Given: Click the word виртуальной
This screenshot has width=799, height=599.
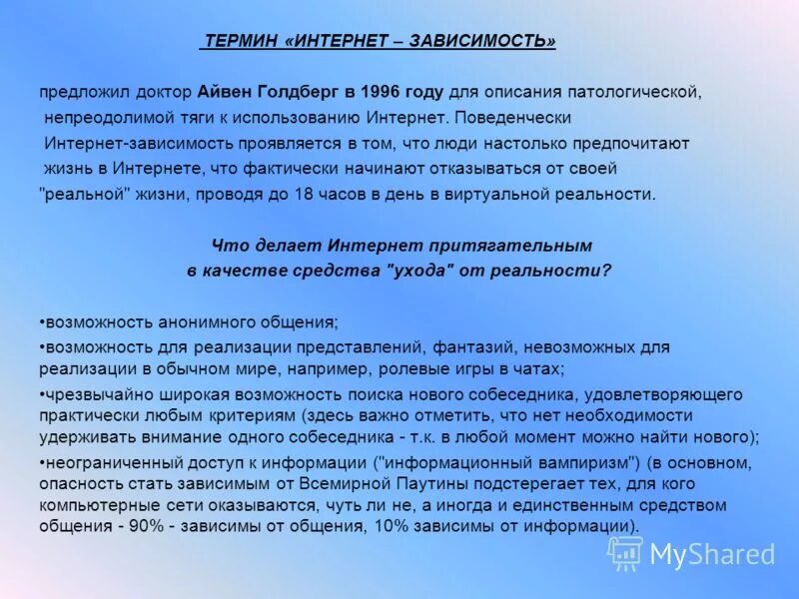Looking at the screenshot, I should [x=507, y=194].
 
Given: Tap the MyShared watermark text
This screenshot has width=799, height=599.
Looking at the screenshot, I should [x=712, y=553].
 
